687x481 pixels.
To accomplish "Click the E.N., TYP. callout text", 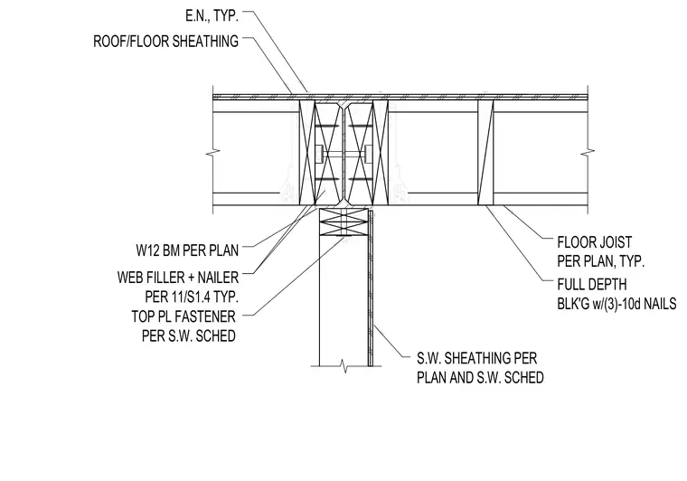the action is coord(212,16).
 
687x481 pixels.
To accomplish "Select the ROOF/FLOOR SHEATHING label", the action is coord(166,42).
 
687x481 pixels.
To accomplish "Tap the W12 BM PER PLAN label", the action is coord(187,250).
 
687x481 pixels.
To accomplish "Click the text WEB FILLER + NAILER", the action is coord(178,278).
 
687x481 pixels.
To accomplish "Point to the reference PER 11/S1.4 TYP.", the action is coord(192,297).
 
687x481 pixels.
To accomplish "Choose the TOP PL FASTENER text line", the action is coord(184,316).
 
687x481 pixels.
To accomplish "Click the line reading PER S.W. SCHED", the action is coord(189,336).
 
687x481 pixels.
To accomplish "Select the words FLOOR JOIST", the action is coord(595,242).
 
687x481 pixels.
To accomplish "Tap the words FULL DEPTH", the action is coord(592,284).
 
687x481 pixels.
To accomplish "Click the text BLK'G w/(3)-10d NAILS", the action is coord(616,304).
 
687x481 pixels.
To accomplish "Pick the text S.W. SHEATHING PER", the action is coord(476,358).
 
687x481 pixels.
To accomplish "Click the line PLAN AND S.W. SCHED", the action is coord(480,378).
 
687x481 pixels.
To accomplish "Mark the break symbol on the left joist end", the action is coord(213,154).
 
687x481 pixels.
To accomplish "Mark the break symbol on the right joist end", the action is coord(588,154).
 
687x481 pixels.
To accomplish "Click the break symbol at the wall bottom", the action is coord(345,366).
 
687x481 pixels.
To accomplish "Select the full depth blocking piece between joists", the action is coord(485,153).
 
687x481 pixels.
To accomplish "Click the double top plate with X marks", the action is coord(343,222).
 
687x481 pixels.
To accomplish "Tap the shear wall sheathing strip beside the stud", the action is coord(371,288).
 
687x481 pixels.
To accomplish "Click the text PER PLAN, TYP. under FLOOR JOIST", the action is coord(601,261).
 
